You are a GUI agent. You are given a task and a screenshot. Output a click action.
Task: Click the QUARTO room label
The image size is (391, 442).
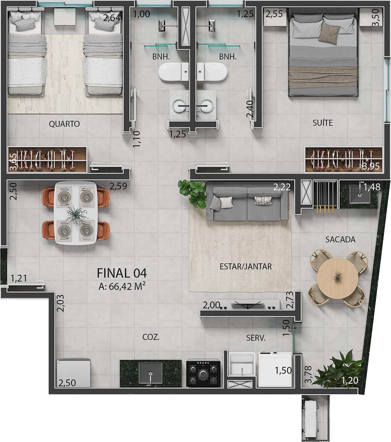pos(64,124)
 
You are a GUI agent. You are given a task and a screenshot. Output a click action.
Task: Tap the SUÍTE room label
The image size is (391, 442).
pos(323,123)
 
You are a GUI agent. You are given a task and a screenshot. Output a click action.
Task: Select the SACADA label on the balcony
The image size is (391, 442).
pos(340,240)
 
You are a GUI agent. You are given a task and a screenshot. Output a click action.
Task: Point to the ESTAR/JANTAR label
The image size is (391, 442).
pos(246,267)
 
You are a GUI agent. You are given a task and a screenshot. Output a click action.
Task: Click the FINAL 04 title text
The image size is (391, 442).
pos(121,273)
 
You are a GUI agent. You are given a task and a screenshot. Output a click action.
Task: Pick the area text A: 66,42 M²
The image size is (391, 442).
pos(122,286)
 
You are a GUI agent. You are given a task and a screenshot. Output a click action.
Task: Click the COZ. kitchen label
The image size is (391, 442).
pos(151,337)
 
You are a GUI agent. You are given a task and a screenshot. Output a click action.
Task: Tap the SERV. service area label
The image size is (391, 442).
pos(256,338)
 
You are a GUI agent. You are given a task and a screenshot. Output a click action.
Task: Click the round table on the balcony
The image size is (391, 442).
pos(338,278)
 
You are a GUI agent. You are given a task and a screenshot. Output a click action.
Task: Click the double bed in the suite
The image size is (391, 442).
pos(323,55)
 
